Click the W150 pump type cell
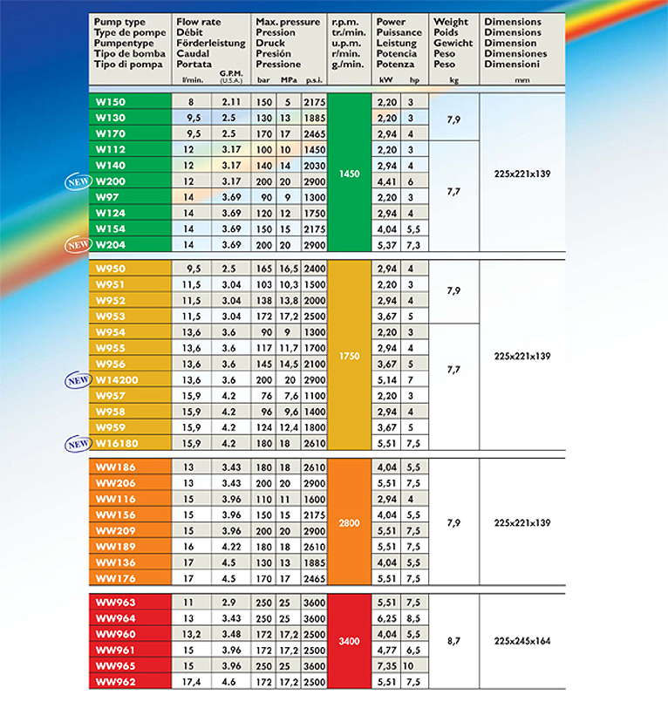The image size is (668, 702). pyautogui.click(x=110, y=102)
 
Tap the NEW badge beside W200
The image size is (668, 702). pyautogui.click(x=76, y=181)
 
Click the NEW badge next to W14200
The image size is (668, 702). pyautogui.click(x=76, y=380)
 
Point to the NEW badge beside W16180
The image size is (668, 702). pyautogui.click(x=76, y=444)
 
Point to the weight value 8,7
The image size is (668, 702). pyautogui.click(x=453, y=641)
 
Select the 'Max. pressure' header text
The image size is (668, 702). pyautogui.click(x=287, y=21)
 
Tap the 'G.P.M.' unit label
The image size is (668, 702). pyautogui.click(x=230, y=75)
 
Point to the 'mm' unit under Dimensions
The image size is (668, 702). pyautogui.click(x=522, y=79)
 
